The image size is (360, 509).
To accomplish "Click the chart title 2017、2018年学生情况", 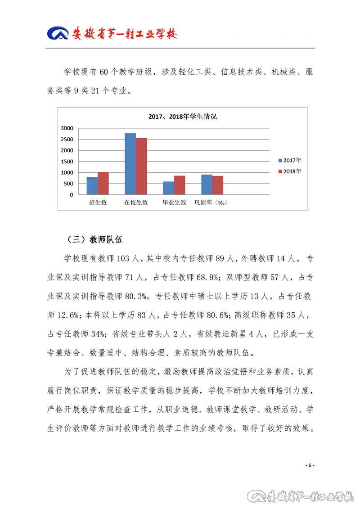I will click(x=183, y=117).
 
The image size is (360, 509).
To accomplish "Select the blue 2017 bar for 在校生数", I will click(x=130, y=164).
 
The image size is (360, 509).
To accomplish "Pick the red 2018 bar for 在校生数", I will click(x=141, y=166).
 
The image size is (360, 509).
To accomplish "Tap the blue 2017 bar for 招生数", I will click(x=92, y=186).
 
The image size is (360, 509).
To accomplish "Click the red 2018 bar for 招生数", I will click(x=103, y=183).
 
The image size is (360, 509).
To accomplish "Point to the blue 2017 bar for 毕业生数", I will click(x=168, y=188).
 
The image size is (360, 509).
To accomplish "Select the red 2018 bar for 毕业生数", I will click(x=180, y=185).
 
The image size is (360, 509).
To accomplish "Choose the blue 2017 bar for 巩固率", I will click(x=207, y=185).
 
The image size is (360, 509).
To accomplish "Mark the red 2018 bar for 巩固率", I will click(x=218, y=185).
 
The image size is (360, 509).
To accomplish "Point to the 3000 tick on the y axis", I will click(x=67, y=128).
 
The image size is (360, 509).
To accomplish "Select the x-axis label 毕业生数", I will click(x=174, y=203).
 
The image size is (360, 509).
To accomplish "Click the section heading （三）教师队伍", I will click(x=94, y=239).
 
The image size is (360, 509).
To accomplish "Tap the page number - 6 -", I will click(x=310, y=465).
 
